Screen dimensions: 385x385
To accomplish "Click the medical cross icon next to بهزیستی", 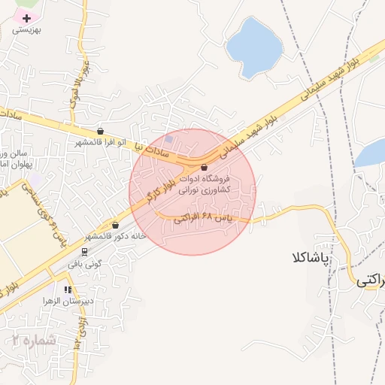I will pyautogui.click(x=27, y=17).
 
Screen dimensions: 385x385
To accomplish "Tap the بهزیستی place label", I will pyautogui.click(x=30, y=32).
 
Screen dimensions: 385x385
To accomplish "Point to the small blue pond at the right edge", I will pyautogui.click(x=371, y=153).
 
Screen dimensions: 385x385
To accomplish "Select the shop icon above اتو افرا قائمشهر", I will pyautogui.click(x=101, y=131).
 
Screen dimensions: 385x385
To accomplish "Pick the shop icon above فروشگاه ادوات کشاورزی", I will pyautogui.click(x=205, y=168).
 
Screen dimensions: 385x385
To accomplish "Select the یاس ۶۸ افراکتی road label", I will pyautogui.click(x=200, y=220).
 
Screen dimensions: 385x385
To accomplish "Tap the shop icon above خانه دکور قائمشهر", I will pyautogui.click(x=115, y=225).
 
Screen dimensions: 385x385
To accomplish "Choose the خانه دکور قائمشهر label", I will pyautogui.click(x=117, y=236).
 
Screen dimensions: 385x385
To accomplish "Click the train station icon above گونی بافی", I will pyautogui.click(x=83, y=252).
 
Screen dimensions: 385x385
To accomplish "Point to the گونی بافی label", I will pyautogui.click(x=83, y=264).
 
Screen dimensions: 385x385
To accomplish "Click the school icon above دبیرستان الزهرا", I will pyautogui.click(x=68, y=289).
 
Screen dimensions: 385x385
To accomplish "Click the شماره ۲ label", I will pyautogui.click(x=35, y=340).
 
